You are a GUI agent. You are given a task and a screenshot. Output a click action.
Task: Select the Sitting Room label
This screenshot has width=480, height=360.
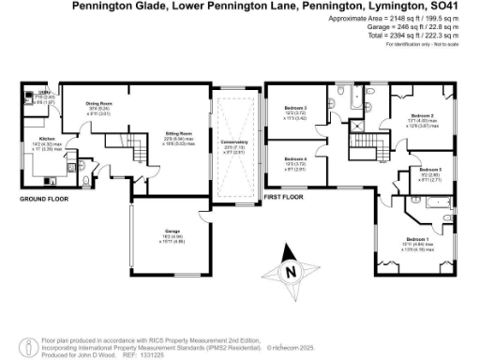[171, 134]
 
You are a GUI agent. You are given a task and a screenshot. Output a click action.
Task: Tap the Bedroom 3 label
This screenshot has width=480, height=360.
[295, 108]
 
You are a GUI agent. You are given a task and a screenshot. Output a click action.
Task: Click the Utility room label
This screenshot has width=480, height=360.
[42, 95]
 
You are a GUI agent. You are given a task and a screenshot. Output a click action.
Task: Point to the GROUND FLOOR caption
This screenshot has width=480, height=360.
[46, 198]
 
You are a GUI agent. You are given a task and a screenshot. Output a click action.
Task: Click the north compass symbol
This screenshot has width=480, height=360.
[291, 271]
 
